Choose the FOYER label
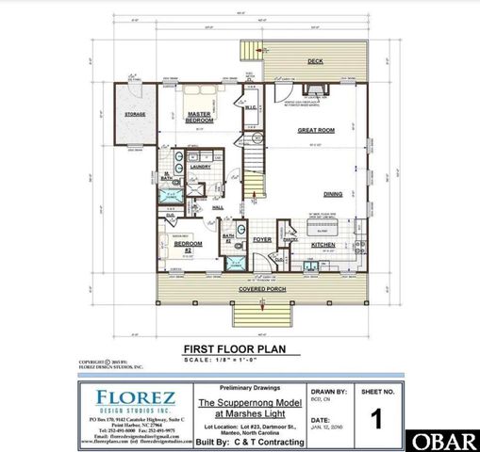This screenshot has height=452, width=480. pyautogui.click(x=261, y=239)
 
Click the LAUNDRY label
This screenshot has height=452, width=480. pyautogui.click(x=200, y=167)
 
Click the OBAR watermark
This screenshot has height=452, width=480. pyautogui.click(x=449, y=441)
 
